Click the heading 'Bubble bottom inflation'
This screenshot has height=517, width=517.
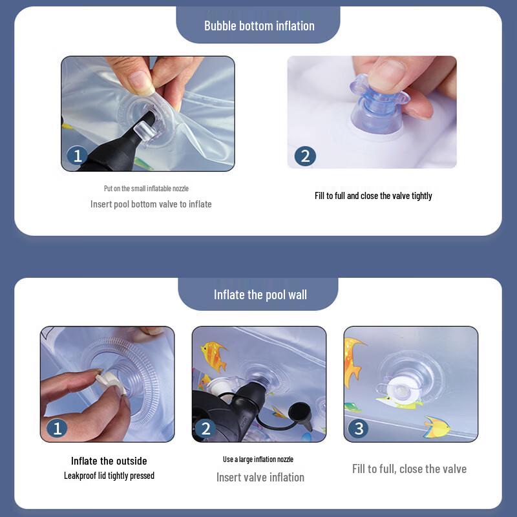(x=259, y=26)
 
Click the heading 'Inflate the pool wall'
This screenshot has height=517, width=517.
(x=260, y=295)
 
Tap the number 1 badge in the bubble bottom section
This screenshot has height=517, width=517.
(x=77, y=156)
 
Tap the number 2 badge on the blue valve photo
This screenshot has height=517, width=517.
(x=305, y=156)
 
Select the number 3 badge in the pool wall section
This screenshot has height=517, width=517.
(x=359, y=428)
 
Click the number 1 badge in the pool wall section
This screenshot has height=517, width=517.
(x=57, y=428)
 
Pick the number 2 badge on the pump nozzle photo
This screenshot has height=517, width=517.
(x=206, y=428)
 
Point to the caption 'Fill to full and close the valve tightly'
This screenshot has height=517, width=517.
(x=374, y=196)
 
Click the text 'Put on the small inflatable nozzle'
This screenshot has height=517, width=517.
(x=147, y=189)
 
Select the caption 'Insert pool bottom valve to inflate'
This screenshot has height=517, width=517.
(x=151, y=204)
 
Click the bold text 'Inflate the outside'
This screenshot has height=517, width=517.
(x=109, y=461)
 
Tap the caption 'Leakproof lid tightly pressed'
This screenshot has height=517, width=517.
(x=109, y=476)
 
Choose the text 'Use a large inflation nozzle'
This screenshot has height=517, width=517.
(x=258, y=459)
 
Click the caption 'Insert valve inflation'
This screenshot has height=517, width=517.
(x=260, y=478)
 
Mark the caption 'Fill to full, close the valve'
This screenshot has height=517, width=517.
(x=410, y=469)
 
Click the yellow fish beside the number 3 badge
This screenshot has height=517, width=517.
(x=437, y=427)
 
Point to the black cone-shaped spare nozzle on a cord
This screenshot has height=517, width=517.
(x=301, y=415)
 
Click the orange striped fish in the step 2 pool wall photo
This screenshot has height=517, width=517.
(x=213, y=355)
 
